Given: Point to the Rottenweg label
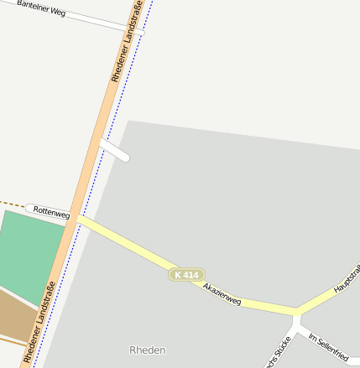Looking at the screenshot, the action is pyautogui.click(x=51, y=212).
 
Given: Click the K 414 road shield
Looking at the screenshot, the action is pyautogui.click(x=187, y=275).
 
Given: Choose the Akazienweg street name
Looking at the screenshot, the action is pyautogui.click(x=222, y=293).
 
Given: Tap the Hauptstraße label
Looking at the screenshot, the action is pyautogui.click(x=347, y=279).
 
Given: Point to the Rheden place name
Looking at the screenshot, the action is pyautogui.click(x=148, y=350).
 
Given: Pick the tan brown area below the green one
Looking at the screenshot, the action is pyautogui.click(x=17, y=315).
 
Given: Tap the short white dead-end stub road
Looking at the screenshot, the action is pyautogui.click(x=114, y=151).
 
